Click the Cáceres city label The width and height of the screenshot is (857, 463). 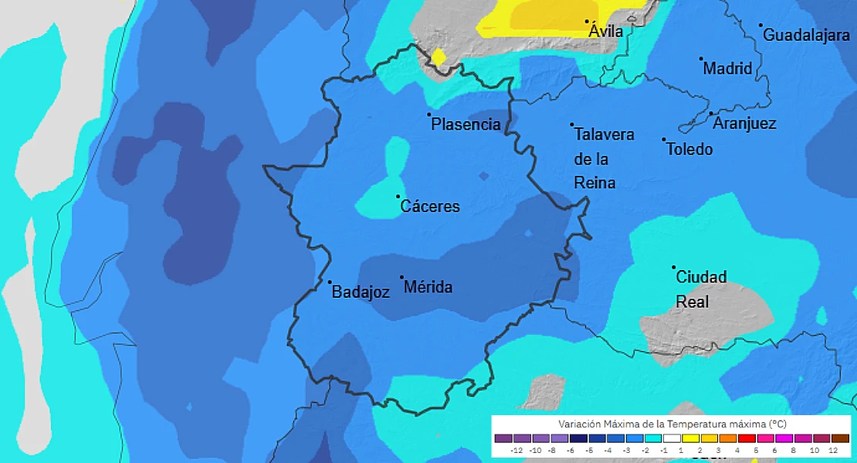[430, 207]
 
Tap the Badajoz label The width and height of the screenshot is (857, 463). [360, 292]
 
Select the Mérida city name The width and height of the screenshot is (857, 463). [428, 288]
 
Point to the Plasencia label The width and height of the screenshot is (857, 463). [466, 124]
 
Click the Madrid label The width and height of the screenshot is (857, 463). [727, 69]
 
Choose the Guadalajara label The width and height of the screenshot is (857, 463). [806, 35]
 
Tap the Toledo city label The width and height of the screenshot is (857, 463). [689, 149]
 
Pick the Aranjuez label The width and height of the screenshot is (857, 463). [744, 123]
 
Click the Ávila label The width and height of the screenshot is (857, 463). [605, 32]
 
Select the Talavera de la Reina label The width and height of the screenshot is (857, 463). [603, 158]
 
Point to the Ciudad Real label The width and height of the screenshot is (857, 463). [700, 289]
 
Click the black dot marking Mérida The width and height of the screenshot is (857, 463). [401, 277]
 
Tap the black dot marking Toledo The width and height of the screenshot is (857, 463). [663, 140]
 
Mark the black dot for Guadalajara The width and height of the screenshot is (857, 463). [760, 25]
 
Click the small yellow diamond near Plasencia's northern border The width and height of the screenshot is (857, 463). [438, 57]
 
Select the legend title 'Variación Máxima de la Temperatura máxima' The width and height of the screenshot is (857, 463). [672, 424]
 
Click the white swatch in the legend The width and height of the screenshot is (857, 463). [672, 438]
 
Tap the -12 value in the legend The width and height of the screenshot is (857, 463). [517, 450]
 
